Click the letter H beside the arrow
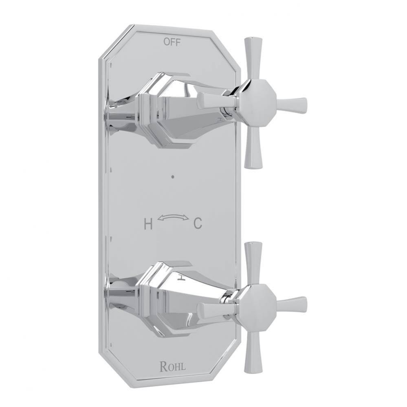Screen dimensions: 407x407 click(148, 224)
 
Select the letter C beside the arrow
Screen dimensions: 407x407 click(198, 223)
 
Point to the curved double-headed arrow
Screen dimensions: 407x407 click(173, 219)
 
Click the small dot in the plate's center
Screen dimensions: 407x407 click(173, 177)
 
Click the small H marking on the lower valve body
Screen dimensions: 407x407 click(182, 277)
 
